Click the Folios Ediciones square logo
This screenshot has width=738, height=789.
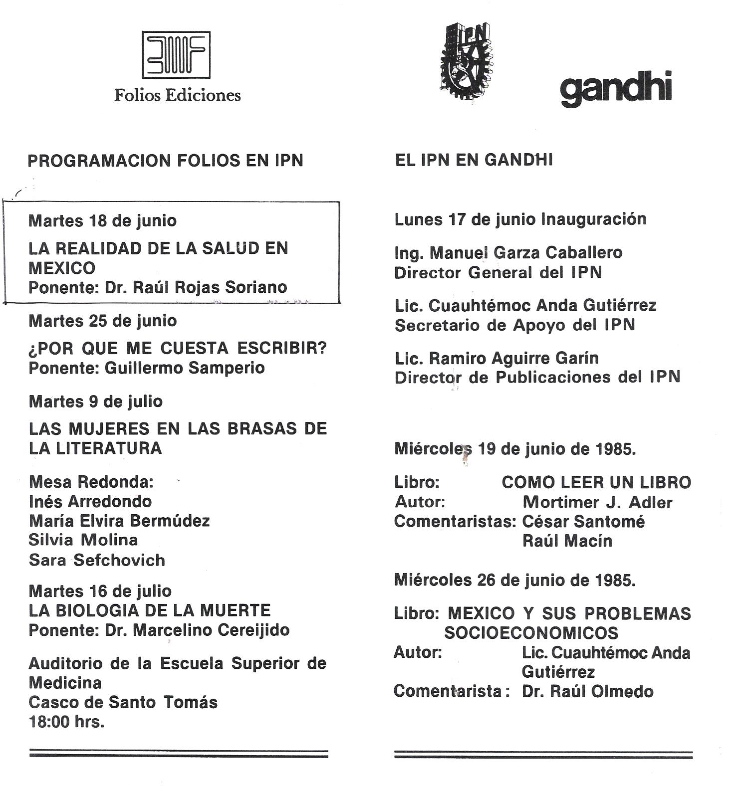176,55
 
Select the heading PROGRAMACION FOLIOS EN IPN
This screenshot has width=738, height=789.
165,161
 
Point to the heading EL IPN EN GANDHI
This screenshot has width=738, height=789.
474,161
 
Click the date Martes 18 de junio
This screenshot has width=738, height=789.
102,220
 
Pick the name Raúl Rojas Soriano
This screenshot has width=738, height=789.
210,288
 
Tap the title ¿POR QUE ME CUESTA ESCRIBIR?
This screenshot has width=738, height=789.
177,348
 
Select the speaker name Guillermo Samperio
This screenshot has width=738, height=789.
185,368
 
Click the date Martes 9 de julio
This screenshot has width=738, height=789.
95,401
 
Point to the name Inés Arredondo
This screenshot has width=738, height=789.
90,501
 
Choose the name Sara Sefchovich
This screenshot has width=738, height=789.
97,560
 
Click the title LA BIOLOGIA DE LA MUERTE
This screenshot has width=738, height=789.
149,610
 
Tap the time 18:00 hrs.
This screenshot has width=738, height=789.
66,722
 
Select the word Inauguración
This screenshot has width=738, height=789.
594,219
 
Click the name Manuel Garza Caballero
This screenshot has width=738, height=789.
526,253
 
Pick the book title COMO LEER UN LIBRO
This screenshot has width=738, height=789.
596,482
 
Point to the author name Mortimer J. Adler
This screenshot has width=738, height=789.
597,502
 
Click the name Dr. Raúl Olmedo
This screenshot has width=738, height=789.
587,692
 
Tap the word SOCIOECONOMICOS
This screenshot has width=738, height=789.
531,633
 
